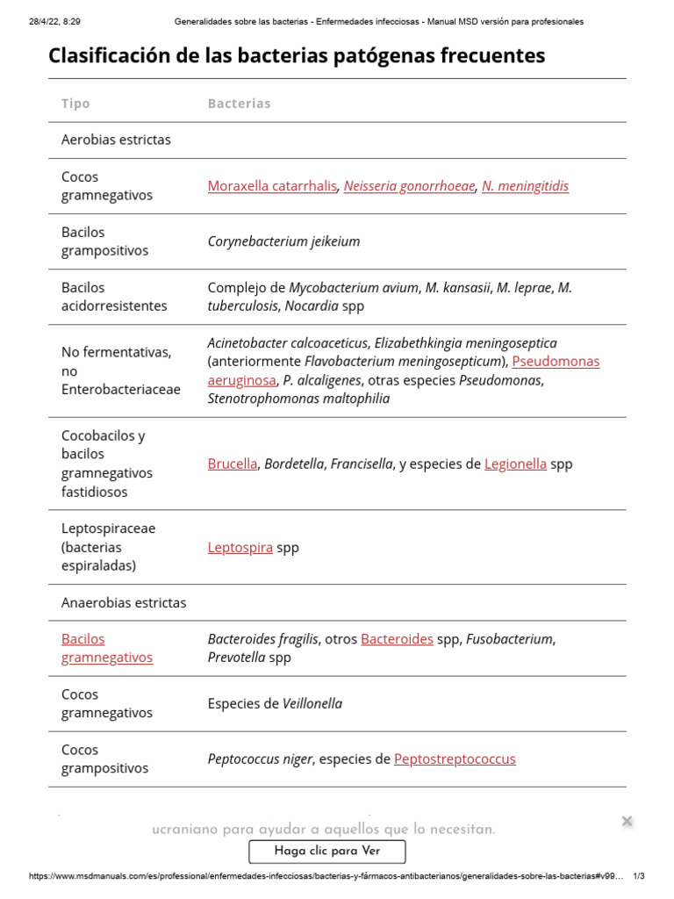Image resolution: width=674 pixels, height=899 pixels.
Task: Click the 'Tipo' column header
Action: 75,104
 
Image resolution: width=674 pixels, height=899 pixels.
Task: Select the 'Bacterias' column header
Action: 239,104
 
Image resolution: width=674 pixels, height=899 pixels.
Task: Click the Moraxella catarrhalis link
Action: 272,186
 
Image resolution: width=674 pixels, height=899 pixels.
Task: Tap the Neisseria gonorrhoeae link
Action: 409,186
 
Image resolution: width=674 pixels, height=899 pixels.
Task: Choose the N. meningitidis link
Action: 525,186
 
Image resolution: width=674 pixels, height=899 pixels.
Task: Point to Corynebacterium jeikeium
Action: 283,241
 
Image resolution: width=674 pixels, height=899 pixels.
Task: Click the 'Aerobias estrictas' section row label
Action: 116,140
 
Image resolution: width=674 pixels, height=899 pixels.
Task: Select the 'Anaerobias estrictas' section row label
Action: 124,603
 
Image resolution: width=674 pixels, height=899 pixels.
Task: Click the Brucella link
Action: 233,464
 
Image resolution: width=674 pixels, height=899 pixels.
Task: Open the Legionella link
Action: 515,464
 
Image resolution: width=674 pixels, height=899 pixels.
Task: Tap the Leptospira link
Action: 240,548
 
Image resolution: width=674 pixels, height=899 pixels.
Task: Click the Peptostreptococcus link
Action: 455,759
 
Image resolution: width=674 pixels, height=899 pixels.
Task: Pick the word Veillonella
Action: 312,704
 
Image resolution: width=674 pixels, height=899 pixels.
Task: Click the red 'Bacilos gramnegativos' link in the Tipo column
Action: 106,649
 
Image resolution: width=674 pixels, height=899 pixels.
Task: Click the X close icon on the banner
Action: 627,822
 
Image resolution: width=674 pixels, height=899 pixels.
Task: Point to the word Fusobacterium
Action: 510,639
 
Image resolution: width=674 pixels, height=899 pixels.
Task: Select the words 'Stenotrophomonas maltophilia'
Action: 298,399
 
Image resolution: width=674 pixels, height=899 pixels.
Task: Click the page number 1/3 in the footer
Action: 638,876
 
